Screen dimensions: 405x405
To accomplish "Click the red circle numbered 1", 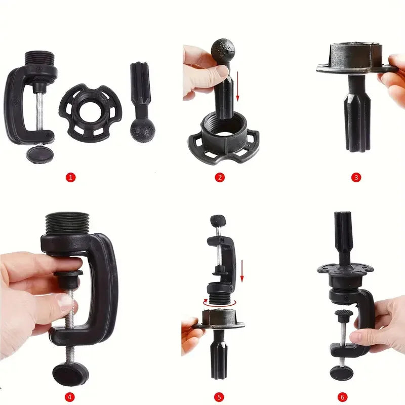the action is coord(71,178).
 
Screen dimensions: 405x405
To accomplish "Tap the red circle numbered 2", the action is coord(220,178).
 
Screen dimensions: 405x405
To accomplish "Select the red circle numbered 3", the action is coord(356,178).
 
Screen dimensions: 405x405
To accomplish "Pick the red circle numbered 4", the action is coord(69,397).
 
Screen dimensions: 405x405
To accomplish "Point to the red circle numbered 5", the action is coord(219,397).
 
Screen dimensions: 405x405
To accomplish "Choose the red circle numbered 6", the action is coord(343,397).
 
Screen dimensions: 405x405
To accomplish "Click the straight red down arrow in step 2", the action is coord(237,87).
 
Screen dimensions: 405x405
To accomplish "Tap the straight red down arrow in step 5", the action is coord(242,271).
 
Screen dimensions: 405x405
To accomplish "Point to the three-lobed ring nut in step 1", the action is coord(91,112).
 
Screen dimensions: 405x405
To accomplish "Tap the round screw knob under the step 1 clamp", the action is coord(40,154).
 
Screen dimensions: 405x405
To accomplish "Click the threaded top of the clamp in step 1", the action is coord(40,59).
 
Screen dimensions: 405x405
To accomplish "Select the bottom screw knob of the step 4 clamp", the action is coord(70,374).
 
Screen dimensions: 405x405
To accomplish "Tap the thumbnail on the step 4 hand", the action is coord(65,302).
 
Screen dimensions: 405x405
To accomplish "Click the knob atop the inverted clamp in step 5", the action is coord(218,220).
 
